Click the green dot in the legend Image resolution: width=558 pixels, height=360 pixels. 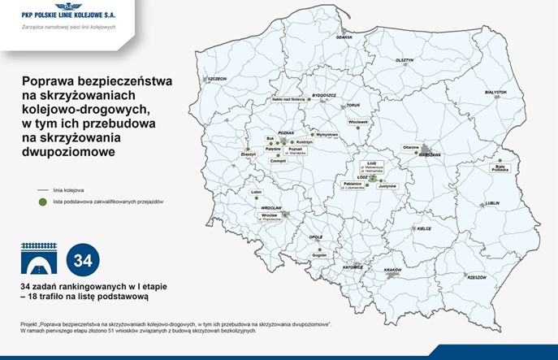38,202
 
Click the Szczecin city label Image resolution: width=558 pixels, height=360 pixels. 216,78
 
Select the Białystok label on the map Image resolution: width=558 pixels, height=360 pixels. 495,93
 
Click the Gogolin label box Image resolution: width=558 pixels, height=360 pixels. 319,255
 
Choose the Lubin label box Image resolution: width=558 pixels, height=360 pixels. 258,193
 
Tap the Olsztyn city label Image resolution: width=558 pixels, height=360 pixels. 404,60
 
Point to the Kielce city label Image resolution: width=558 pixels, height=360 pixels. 424,228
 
